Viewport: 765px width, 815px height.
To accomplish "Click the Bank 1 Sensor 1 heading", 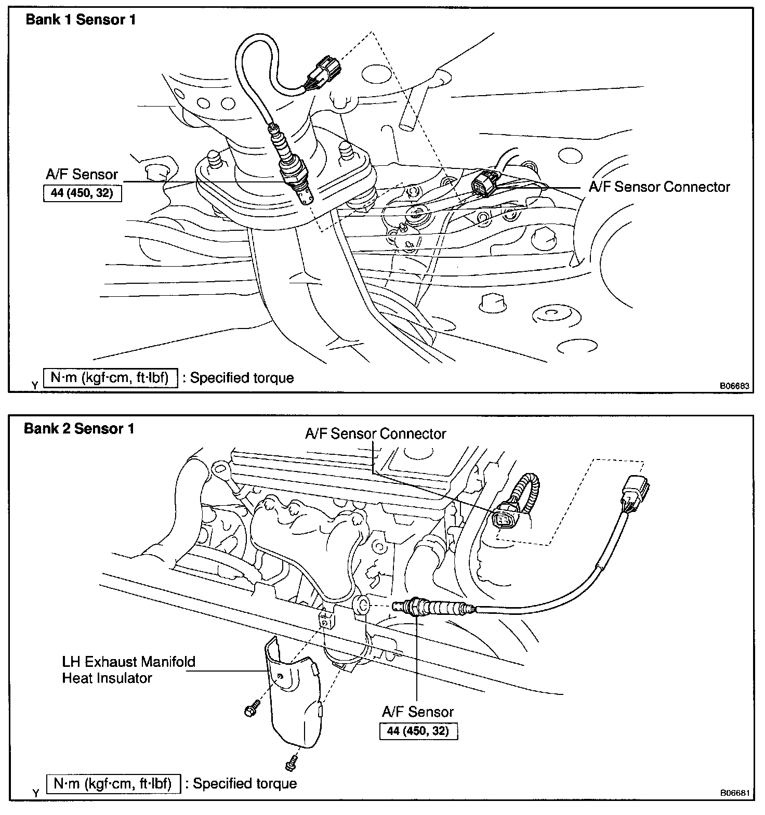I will click(x=81, y=20).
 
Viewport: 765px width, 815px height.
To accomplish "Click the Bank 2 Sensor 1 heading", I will click(x=79, y=429).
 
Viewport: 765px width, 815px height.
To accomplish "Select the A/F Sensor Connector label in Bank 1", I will click(x=659, y=187).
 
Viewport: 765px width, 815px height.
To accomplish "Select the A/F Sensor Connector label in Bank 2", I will click(x=375, y=433).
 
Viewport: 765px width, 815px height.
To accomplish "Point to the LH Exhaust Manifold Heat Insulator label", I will click(x=128, y=669).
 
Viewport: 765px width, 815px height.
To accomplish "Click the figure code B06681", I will click(x=734, y=793).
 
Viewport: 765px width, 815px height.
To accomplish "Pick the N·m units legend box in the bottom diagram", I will click(x=114, y=783).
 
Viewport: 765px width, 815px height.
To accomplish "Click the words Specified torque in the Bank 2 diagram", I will click(x=244, y=783).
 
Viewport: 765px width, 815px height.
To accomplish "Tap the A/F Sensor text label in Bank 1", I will click(x=82, y=175).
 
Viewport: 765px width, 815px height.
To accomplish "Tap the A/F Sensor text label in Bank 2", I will click(x=418, y=712).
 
